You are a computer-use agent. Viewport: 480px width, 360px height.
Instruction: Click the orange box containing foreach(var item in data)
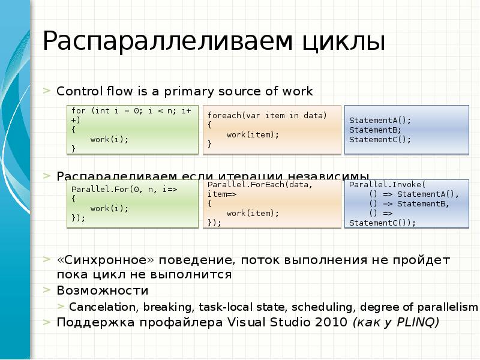click(272, 129)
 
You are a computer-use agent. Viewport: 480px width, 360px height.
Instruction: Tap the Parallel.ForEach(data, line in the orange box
click(260, 184)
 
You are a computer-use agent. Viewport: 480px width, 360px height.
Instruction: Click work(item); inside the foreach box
click(253, 134)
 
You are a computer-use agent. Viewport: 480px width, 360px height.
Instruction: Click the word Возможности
click(103, 291)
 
